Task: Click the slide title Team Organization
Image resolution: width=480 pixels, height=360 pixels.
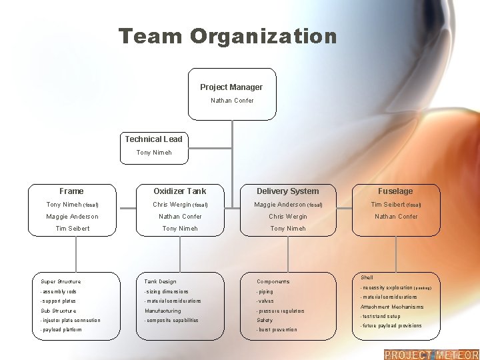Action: tap(228, 36)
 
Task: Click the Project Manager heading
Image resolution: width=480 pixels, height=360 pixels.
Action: tap(231, 87)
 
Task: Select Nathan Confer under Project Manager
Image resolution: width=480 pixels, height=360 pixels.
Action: tap(232, 101)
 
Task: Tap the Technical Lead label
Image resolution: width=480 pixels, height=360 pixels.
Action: tap(153, 139)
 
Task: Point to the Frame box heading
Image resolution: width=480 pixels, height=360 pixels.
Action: tap(71, 191)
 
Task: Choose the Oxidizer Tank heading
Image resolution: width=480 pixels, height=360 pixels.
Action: tap(180, 191)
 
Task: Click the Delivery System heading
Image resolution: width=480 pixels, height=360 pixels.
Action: tap(288, 191)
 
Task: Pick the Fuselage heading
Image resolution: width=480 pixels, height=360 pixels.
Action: tap(396, 191)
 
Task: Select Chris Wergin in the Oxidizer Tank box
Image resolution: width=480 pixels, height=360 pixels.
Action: tap(173, 205)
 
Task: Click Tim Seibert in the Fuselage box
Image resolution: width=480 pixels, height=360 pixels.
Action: tap(389, 205)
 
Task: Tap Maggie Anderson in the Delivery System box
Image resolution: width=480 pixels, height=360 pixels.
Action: tap(280, 205)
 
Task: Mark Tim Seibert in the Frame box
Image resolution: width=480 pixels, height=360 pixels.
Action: tap(72, 229)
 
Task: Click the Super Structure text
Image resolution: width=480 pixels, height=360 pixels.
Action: tap(61, 282)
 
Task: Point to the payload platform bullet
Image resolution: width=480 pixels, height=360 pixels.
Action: tap(61, 330)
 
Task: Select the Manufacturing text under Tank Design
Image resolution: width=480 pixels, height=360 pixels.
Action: tap(163, 311)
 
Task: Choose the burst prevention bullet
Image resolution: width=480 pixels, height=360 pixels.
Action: tap(277, 330)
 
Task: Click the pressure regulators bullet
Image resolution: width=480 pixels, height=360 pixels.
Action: tap(281, 311)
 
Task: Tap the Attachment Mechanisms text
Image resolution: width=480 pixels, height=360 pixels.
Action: tap(392, 307)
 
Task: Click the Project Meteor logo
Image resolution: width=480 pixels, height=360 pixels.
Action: tap(431, 354)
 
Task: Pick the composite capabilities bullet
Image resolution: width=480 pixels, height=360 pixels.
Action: tap(171, 321)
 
